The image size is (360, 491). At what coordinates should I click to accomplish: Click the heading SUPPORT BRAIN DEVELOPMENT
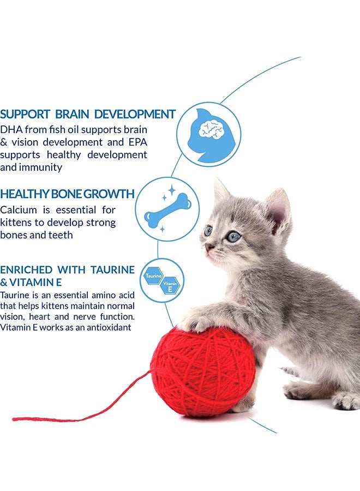pos(88,115)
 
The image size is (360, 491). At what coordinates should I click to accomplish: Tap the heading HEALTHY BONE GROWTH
pos(67,194)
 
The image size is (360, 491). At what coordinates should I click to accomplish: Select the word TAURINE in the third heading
pos(113,270)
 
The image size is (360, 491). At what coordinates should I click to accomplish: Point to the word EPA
pos(138,142)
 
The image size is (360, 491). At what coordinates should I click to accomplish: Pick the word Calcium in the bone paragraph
pos(18,210)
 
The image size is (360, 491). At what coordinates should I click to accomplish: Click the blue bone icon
pos(168,209)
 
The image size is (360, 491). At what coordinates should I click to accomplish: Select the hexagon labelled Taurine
pos(153,276)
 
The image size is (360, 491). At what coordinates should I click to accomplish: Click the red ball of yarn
pos(203,371)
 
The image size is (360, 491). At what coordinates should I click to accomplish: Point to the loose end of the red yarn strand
pos(14,419)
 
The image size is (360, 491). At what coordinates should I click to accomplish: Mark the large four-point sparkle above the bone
pos(172,190)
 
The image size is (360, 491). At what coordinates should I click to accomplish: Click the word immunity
pos(40,167)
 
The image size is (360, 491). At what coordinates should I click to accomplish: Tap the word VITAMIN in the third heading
pos(32,283)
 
